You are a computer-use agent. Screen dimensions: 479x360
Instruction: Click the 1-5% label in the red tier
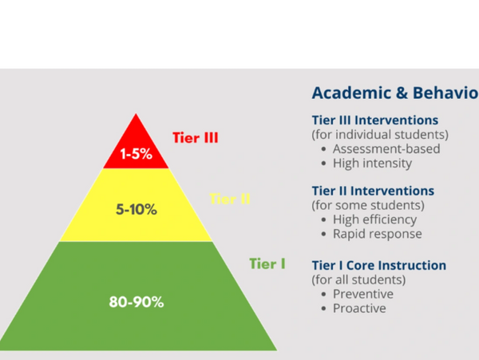pos(137,153)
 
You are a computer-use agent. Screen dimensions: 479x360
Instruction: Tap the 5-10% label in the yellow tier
pos(137,209)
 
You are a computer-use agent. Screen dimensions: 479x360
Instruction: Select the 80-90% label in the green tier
pos(137,302)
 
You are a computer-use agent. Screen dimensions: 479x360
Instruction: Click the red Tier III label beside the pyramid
pos(196,138)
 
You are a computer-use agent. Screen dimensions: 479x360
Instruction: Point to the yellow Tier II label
pos(230,199)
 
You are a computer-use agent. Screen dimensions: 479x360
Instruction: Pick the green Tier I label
pos(267,264)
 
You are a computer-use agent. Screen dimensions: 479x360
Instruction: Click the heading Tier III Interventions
pos(375,121)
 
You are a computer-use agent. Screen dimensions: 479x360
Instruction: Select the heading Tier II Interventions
pos(373,191)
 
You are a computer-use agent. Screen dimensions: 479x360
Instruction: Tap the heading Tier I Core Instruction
pos(379,265)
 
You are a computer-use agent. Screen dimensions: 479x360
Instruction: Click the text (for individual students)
pos(380,135)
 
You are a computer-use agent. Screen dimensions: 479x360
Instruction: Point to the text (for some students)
pos(368,205)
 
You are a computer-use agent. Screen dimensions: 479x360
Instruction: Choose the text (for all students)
pos(358,279)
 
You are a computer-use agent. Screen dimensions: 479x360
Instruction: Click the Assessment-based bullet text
pos(386,149)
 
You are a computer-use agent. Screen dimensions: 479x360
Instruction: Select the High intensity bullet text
pos(372,164)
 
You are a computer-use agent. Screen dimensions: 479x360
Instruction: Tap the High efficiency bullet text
pos(375,220)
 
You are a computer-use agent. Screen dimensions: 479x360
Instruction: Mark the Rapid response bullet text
pos(378,234)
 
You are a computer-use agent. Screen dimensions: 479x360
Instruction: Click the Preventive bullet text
pos(363,294)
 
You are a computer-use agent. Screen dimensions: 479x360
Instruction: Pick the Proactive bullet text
pos(359,308)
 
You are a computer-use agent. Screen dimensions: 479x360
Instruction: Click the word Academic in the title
pos(351,93)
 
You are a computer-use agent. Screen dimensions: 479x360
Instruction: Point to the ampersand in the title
pos(402,93)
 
